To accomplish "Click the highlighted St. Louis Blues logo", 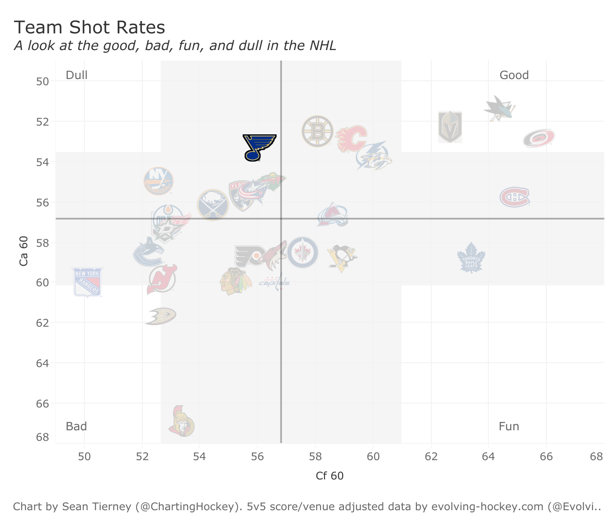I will tap(259, 147).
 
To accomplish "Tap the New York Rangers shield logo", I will tap(87, 282).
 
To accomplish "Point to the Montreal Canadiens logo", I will tap(515, 197).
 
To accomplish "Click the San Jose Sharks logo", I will tap(499, 108).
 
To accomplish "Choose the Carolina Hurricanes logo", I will tap(539, 138).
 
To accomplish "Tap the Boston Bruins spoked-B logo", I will tap(317, 131).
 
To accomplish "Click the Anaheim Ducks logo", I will tap(161, 316).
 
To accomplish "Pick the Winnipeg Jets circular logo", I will tap(302, 252).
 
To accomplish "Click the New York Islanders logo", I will tap(159, 181).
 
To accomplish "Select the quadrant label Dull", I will tap(76, 75).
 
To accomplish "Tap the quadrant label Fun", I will tap(509, 426).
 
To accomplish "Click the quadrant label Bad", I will tap(76, 426).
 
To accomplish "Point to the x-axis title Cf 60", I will tap(329, 476).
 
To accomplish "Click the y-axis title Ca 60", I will tap(24, 251).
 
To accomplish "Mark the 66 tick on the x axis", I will tap(546, 456).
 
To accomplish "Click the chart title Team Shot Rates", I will tap(90, 28).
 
